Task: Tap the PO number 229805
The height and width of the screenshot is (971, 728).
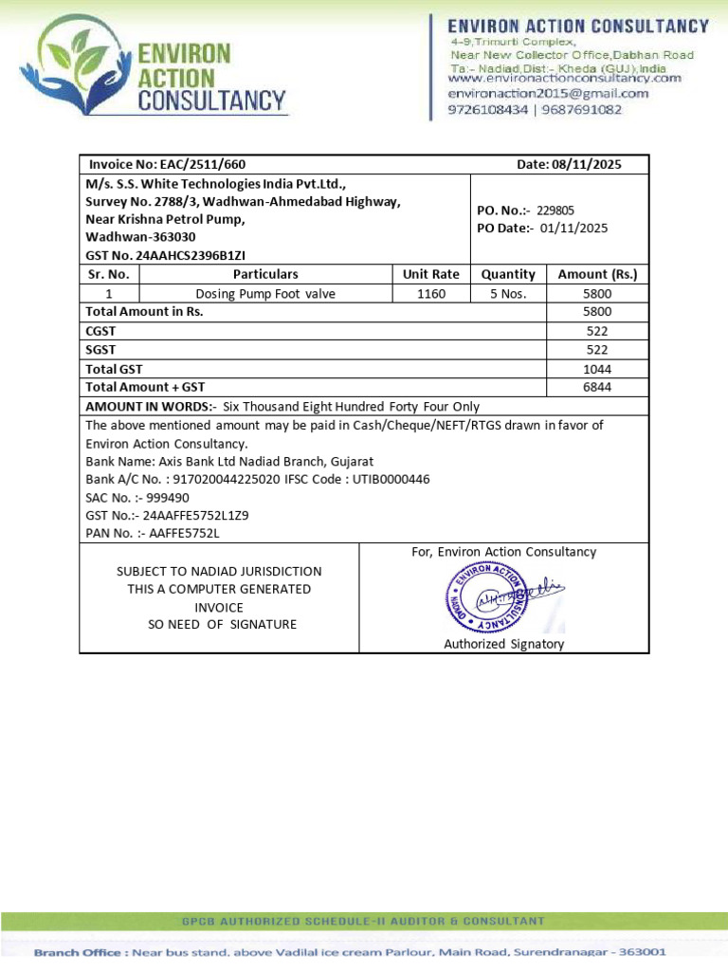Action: coord(555,211)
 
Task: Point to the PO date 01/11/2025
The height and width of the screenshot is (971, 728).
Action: coord(573,229)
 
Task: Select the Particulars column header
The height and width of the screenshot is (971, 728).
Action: coord(265,274)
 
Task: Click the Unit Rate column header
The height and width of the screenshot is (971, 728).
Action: coord(430,274)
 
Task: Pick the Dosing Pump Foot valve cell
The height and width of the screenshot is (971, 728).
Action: coord(265,294)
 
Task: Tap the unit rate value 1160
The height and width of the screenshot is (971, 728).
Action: coord(430,294)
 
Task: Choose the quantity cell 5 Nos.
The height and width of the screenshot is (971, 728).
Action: coord(508,294)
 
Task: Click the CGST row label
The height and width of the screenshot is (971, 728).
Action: coord(101,331)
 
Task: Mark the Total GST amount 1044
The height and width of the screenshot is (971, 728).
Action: coord(597,369)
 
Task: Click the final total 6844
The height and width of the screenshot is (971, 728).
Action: coord(597,387)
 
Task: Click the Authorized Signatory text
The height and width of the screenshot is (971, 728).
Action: coord(503,644)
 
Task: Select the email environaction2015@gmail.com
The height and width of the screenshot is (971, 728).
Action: coord(548,94)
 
